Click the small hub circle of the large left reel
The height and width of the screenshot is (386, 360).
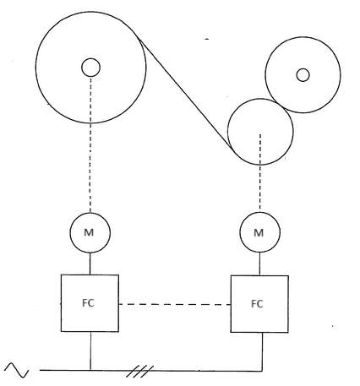click(x=90, y=67)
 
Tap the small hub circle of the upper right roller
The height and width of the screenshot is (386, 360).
click(x=303, y=74)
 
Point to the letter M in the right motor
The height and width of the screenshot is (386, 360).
click(x=259, y=231)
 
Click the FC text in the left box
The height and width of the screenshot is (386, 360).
click(x=90, y=303)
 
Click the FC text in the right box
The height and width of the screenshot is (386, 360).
click(x=259, y=303)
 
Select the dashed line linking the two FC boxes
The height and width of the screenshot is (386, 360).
click(x=175, y=303)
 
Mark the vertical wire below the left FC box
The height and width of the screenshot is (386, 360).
click(x=90, y=351)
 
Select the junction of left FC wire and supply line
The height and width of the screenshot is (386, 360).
click(x=90, y=370)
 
